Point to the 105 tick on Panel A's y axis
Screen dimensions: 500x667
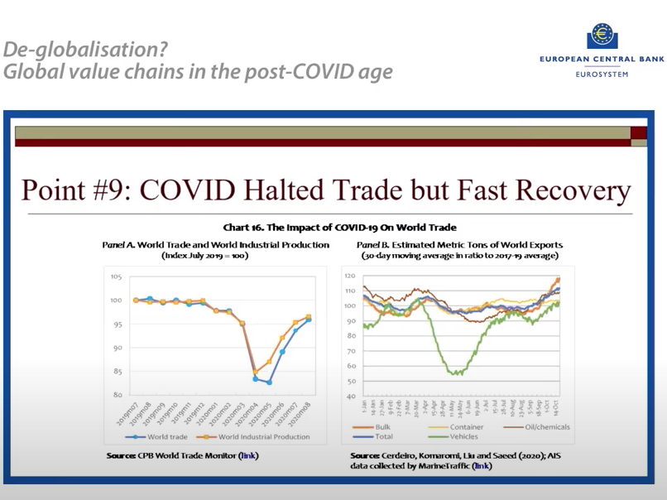116,277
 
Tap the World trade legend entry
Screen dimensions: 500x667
161,435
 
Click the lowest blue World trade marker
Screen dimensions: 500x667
269,382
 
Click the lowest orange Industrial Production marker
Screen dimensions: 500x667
256,373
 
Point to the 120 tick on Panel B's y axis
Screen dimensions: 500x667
350,276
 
